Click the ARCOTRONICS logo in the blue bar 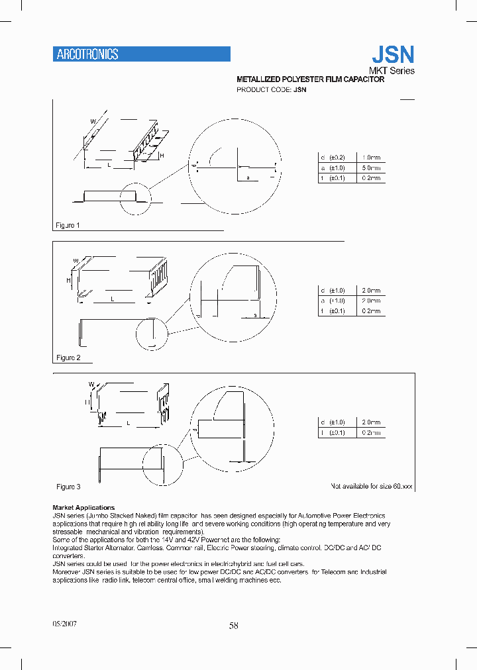click(x=87, y=55)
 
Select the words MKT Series click(x=392, y=71)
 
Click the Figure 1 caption click(x=68, y=226)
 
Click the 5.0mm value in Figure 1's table click(x=370, y=168)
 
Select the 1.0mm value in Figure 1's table click(x=370, y=158)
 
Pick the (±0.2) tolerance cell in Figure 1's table click(x=337, y=158)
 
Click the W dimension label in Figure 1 click(x=93, y=121)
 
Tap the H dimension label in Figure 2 click(x=68, y=281)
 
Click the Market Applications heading click(x=83, y=508)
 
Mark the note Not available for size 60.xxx click(x=371, y=486)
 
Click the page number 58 click(x=233, y=626)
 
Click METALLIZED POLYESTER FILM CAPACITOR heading click(x=310, y=79)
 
